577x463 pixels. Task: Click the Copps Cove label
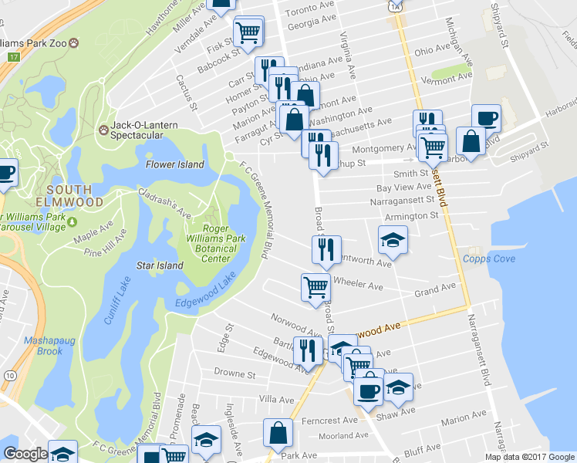coord(489,259)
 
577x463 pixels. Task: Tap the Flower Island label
coord(175,164)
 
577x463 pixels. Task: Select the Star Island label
coord(160,265)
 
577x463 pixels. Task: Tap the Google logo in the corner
coord(25,454)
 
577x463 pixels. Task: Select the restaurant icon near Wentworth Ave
coord(326,249)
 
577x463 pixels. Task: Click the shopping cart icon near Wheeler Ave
coord(315,287)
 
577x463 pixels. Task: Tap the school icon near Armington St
coord(393,240)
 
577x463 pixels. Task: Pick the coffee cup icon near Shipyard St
coord(486,118)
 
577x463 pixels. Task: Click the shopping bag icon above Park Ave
coord(278,434)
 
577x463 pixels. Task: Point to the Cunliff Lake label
coord(120,300)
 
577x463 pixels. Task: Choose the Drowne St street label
coord(235,373)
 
